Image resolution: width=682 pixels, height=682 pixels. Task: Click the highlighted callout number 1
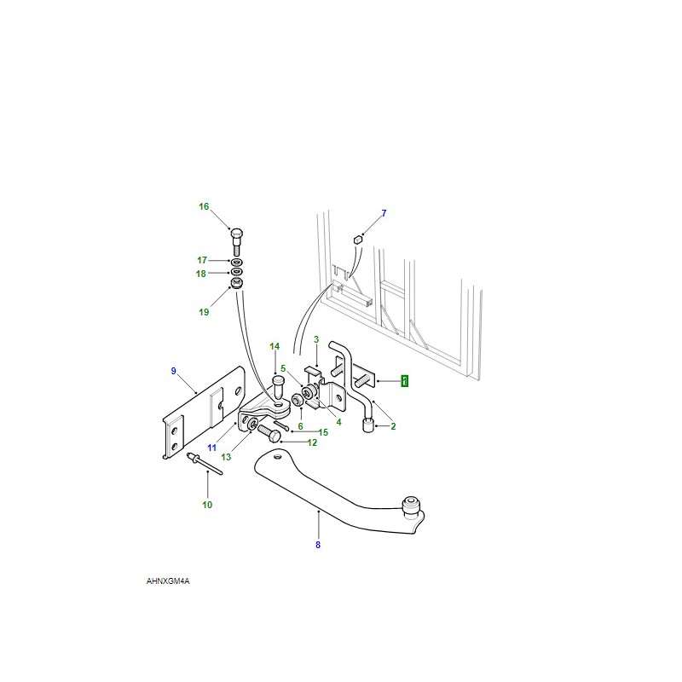click(x=404, y=381)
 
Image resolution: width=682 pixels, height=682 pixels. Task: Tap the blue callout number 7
click(x=384, y=213)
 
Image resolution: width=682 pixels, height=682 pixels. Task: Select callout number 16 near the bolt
click(x=204, y=206)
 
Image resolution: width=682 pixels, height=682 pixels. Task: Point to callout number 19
click(x=204, y=312)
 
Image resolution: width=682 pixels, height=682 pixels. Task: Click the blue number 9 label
click(x=174, y=371)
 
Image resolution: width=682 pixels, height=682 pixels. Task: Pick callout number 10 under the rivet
click(x=207, y=505)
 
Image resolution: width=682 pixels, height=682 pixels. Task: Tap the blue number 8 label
click(x=318, y=545)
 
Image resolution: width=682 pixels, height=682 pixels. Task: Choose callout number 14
click(x=275, y=346)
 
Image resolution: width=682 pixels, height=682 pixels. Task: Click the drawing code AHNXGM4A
click(x=168, y=581)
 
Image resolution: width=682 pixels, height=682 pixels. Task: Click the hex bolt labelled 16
click(x=236, y=241)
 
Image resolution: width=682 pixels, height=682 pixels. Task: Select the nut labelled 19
click(x=236, y=284)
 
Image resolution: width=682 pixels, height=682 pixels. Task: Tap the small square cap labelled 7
click(x=358, y=240)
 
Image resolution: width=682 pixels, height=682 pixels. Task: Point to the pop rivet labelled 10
click(x=204, y=464)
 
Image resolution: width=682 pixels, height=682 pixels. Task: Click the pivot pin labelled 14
click(x=278, y=389)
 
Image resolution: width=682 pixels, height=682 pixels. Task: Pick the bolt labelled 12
click(x=269, y=433)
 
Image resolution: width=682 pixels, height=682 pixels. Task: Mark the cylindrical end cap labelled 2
click(x=369, y=424)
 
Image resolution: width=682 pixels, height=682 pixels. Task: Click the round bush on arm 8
click(x=411, y=506)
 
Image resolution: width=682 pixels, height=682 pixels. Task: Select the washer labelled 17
click(x=237, y=263)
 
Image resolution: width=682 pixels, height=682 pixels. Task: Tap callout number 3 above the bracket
click(x=316, y=339)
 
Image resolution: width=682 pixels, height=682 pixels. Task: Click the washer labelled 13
click(x=252, y=423)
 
